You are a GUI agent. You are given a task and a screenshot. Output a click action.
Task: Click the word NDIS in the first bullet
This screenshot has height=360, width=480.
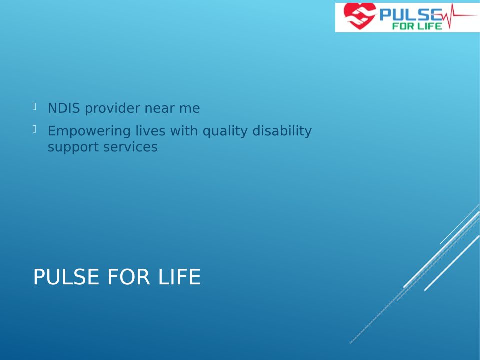[x=64, y=108]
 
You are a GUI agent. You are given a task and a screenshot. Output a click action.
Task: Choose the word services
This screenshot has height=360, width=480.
[x=130, y=147]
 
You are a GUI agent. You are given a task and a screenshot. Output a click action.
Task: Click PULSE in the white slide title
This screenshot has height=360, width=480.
[x=66, y=277]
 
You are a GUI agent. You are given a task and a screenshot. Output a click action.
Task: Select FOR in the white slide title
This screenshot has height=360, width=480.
[x=129, y=277]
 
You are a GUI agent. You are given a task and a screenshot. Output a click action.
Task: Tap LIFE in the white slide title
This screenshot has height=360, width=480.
[x=179, y=277]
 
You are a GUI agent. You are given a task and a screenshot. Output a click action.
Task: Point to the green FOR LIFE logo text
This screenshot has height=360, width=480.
[x=417, y=26]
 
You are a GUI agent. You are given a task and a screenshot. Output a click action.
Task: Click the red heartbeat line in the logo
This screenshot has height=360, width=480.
[x=459, y=16]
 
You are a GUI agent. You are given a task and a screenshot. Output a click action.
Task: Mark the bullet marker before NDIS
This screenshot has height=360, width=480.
[x=34, y=107]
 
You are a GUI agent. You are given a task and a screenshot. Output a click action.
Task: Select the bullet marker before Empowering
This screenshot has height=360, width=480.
[x=34, y=129]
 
